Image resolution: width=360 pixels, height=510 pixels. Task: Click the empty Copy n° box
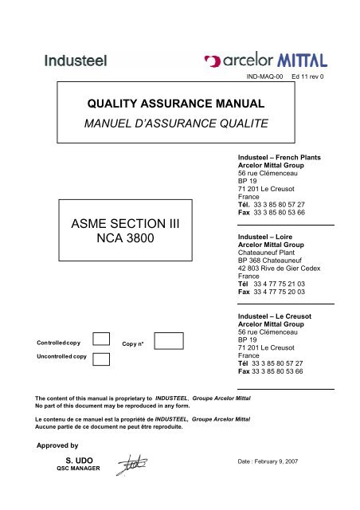pos(168,343)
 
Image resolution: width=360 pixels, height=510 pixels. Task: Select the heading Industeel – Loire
pos(268,237)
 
